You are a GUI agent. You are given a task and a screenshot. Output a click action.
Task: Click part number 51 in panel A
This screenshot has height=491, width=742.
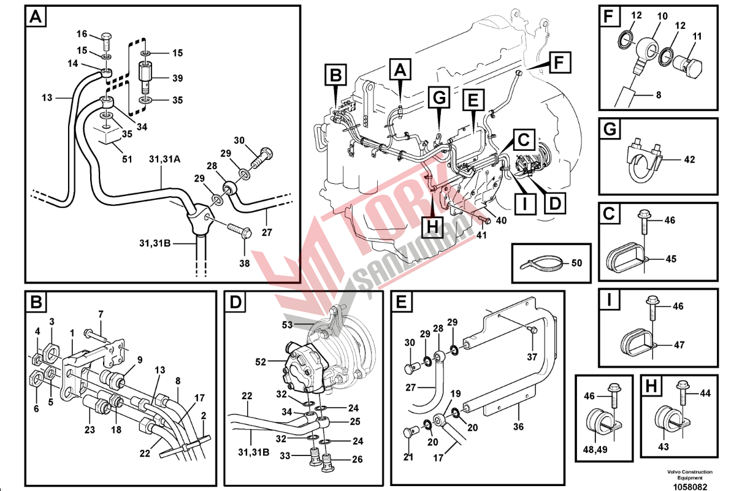127,160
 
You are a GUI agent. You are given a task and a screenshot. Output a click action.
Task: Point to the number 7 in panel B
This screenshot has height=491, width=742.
101,314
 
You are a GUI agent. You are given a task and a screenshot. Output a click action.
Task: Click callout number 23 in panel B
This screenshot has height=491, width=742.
90,430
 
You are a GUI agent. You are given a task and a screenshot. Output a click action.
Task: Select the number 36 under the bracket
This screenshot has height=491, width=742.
519,427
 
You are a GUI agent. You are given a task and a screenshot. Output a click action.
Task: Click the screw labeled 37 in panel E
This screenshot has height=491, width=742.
533,331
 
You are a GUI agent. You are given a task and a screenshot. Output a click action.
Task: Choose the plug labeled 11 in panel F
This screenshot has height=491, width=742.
690,67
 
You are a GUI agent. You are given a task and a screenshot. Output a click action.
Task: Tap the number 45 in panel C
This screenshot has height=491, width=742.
671,259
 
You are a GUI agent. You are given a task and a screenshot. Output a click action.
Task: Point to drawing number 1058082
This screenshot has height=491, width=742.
690,485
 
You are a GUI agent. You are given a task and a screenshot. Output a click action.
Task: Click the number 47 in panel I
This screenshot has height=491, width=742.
679,345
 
